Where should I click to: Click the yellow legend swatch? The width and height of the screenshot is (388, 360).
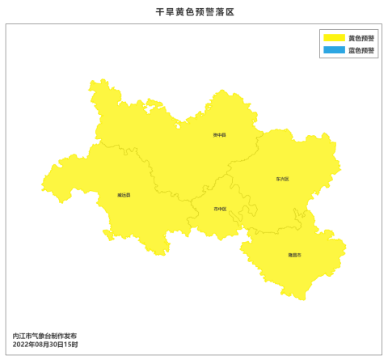tap(334, 38)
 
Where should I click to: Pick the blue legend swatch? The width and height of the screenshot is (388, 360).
tap(334, 50)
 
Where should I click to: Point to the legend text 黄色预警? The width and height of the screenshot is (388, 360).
tap(361, 38)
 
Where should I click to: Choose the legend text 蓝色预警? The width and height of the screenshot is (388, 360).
tap(361, 50)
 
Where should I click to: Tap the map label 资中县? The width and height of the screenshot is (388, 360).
tap(219, 135)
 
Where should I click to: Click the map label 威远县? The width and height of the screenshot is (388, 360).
tap(124, 195)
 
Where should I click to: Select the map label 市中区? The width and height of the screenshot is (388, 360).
tap(220, 209)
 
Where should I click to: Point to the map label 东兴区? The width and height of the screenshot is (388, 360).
tap(282, 179)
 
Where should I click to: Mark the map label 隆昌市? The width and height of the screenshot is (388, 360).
tap(294, 255)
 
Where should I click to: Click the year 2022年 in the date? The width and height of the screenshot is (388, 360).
tap(23, 345)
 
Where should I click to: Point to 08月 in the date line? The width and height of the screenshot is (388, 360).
tap(43, 345)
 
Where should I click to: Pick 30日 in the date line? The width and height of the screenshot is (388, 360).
tap(58, 345)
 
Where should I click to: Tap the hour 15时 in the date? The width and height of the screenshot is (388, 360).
tap(72, 345)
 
